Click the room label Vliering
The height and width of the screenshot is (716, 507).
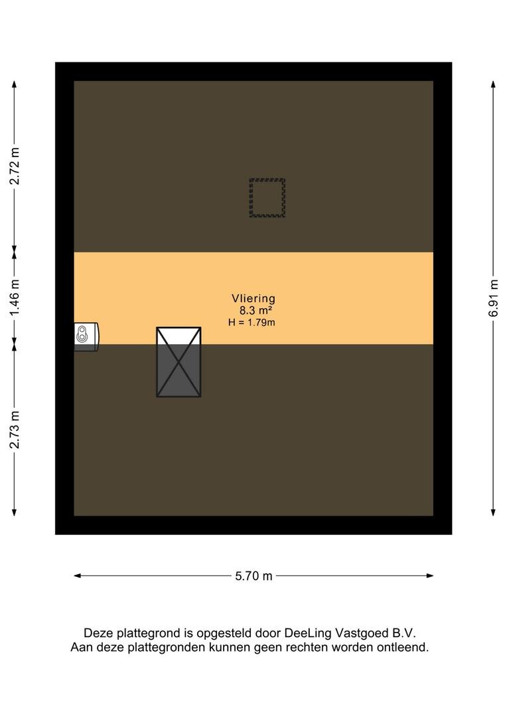(254, 298)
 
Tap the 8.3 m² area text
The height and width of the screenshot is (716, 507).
(256, 310)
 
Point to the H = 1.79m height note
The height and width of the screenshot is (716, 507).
(252, 322)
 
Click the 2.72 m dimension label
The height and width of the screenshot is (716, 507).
(15, 166)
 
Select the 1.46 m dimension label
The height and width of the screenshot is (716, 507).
(15, 297)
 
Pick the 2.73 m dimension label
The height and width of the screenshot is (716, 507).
(15, 430)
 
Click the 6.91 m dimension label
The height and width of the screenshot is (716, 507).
(493, 298)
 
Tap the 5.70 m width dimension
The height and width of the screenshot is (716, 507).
(254, 576)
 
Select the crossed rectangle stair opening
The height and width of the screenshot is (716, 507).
(179, 362)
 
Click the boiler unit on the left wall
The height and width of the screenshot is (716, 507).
(86, 337)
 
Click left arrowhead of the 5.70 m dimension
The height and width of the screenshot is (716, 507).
(77, 576)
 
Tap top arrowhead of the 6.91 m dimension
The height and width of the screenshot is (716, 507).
(493, 84)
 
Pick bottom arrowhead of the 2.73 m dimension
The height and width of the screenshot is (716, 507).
(14, 512)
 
